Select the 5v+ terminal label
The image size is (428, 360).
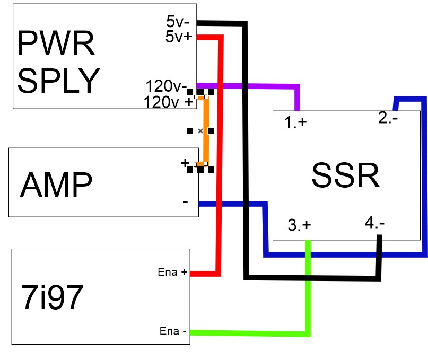(x=179, y=37)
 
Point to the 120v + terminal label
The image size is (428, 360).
(x=169, y=102)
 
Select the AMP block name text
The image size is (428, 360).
(x=56, y=185)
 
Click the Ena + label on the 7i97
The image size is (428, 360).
(x=173, y=273)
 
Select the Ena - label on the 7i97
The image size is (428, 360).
(x=173, y=332)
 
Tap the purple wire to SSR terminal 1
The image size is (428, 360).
(x=249, y=85)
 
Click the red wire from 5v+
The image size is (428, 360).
(x=217, y=159)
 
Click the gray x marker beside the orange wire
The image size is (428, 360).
(x=200, y=130)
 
